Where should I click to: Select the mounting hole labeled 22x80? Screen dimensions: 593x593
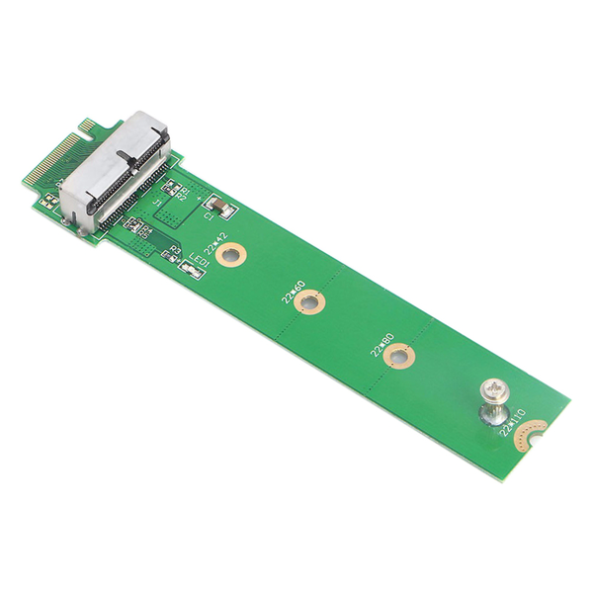click(398, 357)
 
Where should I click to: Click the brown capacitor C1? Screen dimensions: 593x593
click(223, 209)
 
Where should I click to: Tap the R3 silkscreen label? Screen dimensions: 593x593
click(175, 250)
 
